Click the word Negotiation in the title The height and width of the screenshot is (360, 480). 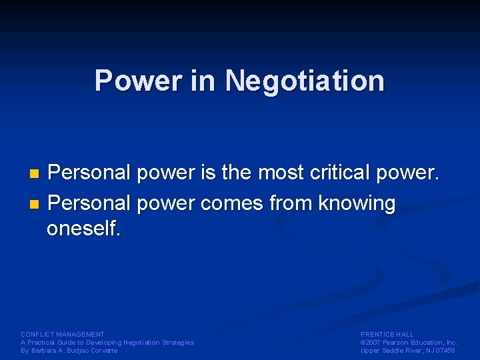tap(305, 81)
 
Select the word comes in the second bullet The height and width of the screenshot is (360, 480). tap(231, 203)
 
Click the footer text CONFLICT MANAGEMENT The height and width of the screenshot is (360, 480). tap(63, 334)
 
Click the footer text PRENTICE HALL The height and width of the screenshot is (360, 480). tap(387, 334)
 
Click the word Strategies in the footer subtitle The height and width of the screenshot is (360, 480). tap(178, 343)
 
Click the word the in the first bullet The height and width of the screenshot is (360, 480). tap(237, 173)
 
